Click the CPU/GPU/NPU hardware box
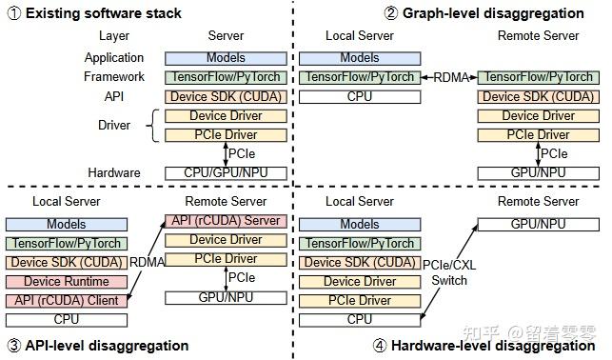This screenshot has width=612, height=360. tap(225, 173)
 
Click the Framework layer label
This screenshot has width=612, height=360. tap(114, 77)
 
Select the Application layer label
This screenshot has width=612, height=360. tap(114, 58)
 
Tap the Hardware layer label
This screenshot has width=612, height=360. tap(114, 173)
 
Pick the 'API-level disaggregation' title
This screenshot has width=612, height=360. tap(104, 345)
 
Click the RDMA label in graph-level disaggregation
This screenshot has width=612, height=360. tap(446, 78)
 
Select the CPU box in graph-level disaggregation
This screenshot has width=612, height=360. tap(359, 96)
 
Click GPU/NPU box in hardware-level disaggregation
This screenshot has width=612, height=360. tap(538, 224)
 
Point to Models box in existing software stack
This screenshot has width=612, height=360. tap(225, 58)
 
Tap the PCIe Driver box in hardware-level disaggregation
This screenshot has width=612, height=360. tap(359, 300)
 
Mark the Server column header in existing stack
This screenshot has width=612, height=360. tap(225, 36)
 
